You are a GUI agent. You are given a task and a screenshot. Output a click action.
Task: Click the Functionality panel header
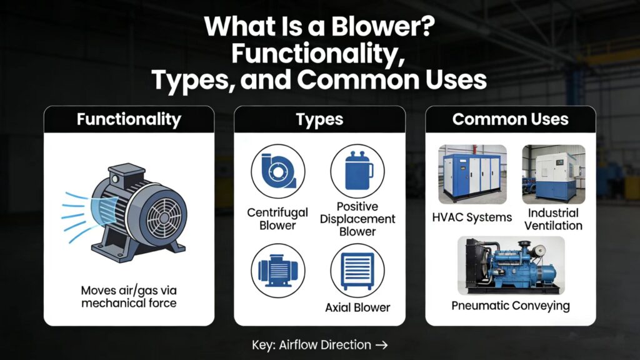[129, 119]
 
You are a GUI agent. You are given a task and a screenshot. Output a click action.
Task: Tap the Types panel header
[319, 119]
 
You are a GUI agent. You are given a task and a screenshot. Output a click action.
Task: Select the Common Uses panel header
[511, 119]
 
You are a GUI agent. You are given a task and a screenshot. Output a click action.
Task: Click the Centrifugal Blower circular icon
[278, 172]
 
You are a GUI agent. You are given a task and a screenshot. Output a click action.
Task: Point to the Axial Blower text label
[357, 307]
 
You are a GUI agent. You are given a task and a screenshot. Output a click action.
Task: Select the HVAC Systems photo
[472, 174]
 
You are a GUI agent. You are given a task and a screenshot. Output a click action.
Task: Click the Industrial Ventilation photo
[554, 174]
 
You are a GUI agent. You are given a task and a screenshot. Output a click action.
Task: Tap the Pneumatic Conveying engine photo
[510, 265]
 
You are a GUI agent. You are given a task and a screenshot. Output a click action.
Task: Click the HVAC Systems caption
[472, 217]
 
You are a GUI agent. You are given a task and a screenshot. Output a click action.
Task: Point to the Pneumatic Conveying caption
[511, 306]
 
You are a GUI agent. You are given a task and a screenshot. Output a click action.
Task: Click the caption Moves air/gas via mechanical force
[129, 297]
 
